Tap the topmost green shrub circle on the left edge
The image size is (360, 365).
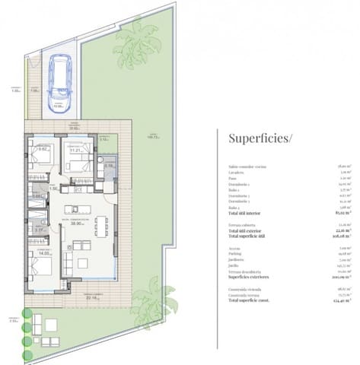tap(28, 313)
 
